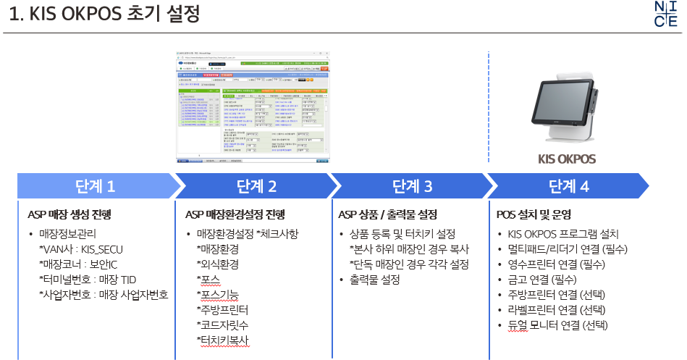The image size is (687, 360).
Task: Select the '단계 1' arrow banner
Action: (95, 186)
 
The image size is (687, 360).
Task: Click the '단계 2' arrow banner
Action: (256, 186)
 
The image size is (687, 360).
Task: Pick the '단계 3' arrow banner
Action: (412, 186)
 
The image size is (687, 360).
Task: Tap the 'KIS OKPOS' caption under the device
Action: (568, 159)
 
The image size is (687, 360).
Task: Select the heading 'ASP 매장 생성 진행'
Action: (69, 214)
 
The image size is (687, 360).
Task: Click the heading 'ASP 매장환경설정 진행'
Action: (235, 214)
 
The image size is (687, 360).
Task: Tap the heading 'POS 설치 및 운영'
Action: (534, 214)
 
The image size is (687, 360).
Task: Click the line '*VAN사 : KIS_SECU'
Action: (83, 249)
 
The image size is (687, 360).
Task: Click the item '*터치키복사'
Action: (225, 340)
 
